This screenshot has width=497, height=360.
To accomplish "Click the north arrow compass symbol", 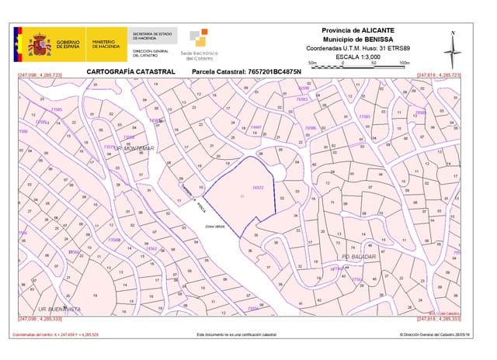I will (x=453, y=49).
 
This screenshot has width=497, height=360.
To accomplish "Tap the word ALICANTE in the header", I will (x=377, y=29).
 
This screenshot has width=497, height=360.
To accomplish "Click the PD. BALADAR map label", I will (x=359, y=255).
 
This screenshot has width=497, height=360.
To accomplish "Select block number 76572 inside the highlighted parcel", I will (x=259, y=187).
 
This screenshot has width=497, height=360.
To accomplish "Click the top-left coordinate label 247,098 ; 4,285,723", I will (x=40, y=75).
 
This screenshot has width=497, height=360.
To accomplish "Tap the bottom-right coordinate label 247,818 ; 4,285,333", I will (x=439, y=318).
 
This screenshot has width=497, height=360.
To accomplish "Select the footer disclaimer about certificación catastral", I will (x=236, y=335).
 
